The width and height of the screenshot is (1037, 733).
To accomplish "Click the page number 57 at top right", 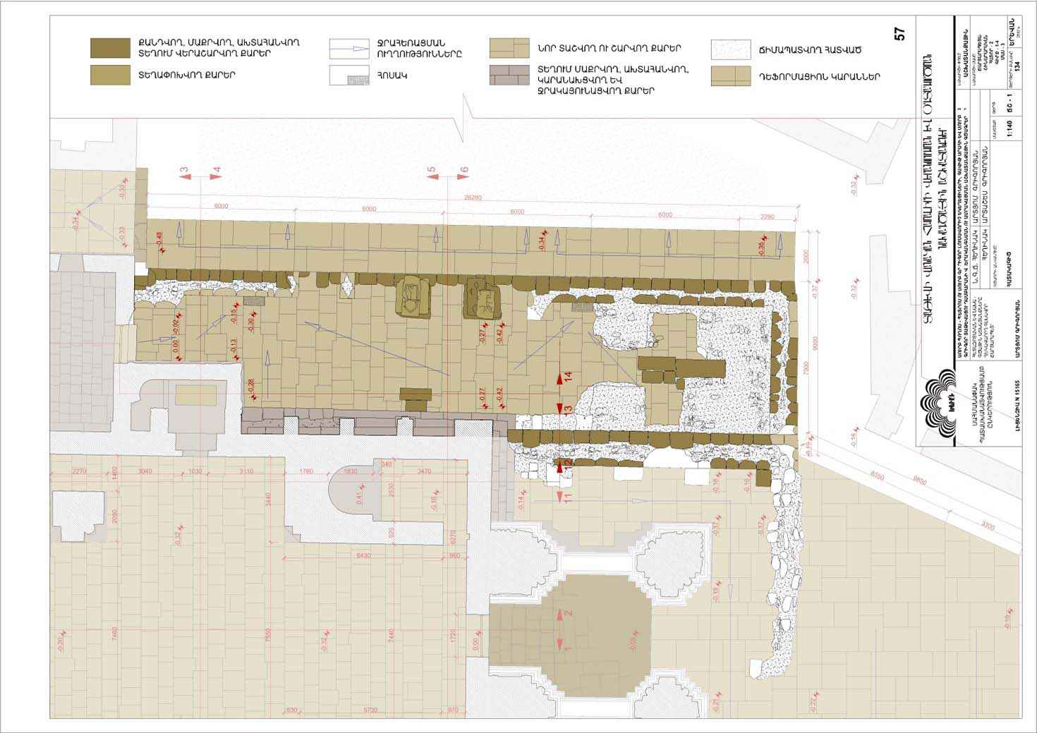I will (x=899, y=34).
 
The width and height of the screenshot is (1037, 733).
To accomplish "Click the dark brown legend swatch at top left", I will (x=110, y=48).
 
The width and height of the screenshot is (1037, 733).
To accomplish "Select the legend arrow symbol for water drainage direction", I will (x=349, y=49).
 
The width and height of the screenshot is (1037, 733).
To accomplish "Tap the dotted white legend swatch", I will (x=731, y=49).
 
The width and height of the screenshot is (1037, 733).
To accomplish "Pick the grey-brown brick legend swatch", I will (x=510, y=75).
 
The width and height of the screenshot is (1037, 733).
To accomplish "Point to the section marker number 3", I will (x=184, y=170).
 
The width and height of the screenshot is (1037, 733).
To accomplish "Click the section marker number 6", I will (x=463, y=170).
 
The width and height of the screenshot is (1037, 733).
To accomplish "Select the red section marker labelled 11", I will (x=568, y=497).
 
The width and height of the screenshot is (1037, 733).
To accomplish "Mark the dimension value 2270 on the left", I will (x=79, y=471).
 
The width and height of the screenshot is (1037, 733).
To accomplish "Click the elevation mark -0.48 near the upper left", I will (x=159, y=238).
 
